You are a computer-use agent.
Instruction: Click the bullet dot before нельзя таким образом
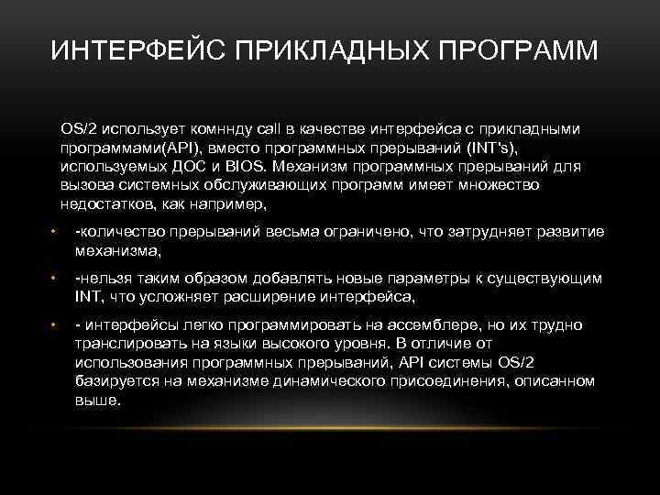[54, 278]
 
